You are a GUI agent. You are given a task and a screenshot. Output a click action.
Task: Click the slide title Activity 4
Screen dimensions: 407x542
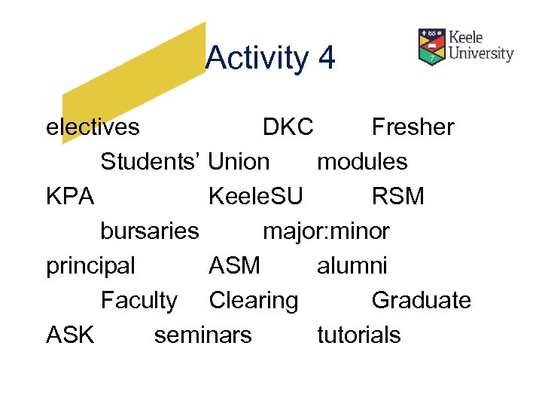tap(269, 58)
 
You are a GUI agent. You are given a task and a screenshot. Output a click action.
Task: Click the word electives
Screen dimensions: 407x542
tap(93, 127)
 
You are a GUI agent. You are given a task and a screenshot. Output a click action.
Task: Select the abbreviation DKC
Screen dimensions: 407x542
tap(288, 127)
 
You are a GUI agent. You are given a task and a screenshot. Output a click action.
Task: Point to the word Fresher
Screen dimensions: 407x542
tap(413, 127)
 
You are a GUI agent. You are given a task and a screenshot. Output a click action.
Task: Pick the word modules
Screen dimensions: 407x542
tap(362, 161)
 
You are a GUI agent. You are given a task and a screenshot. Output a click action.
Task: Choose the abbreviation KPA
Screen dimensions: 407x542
tap(70, 196)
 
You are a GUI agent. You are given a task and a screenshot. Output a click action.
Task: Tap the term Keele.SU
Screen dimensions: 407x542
tap(256, 196)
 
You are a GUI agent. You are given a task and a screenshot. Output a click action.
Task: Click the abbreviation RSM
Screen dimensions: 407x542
tap(397, 196)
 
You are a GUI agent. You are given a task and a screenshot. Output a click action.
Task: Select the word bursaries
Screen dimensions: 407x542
tap(150, 231)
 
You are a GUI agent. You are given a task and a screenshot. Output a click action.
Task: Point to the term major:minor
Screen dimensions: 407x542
tap(326, 231)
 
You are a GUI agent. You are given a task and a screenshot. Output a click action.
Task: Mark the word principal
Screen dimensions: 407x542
tap(90, 266)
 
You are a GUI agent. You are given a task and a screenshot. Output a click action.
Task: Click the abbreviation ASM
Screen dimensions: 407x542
tap(234, 265)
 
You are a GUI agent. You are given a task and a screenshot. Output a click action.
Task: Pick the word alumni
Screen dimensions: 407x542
tap(352, 265)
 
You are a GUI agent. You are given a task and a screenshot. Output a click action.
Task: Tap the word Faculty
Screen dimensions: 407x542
tap(139, 301)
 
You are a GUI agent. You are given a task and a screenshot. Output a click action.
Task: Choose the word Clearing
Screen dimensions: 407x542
tap(253, 301)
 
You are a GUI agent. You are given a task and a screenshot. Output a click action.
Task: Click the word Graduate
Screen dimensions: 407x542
tap(421, 300)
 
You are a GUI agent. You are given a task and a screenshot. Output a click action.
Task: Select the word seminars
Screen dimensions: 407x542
tap(203, 335)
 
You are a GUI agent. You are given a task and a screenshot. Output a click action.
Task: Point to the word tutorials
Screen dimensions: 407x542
tap(359, 335)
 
